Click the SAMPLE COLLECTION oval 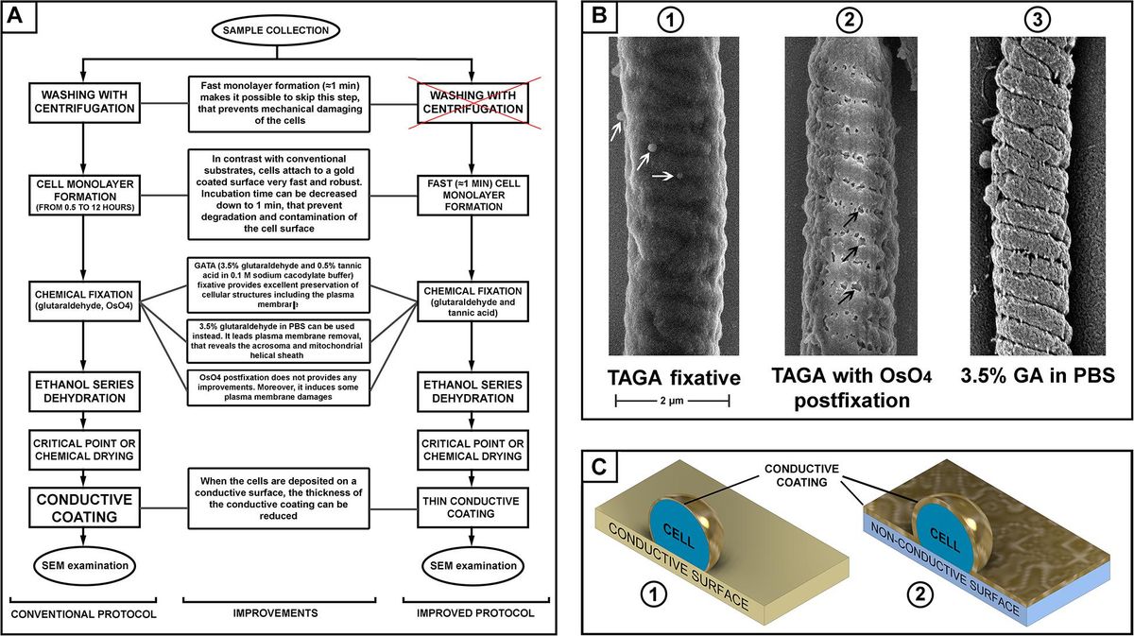click(x=276, y=30)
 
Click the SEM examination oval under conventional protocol click(x=84, y=565)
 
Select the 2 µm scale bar click(x=672, y=401)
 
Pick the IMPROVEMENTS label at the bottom click(x=277, y=612)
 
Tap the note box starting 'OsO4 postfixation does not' click(x=277, y=386)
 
